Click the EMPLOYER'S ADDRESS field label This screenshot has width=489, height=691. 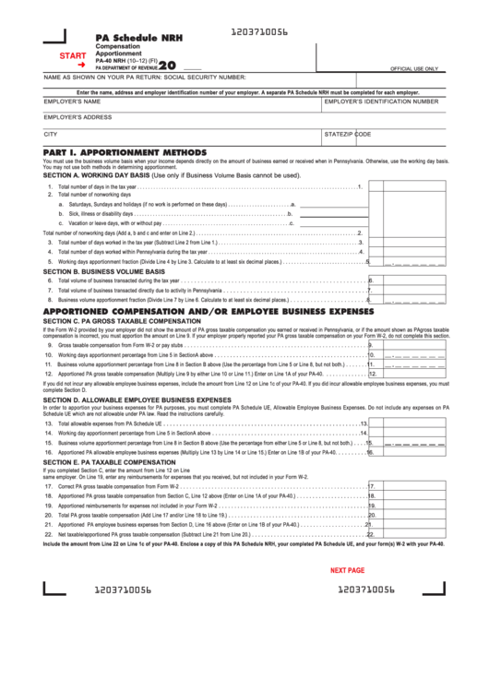pos(78,117)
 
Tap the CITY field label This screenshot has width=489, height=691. pos(51,134)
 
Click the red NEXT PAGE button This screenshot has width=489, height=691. pos(347,570)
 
